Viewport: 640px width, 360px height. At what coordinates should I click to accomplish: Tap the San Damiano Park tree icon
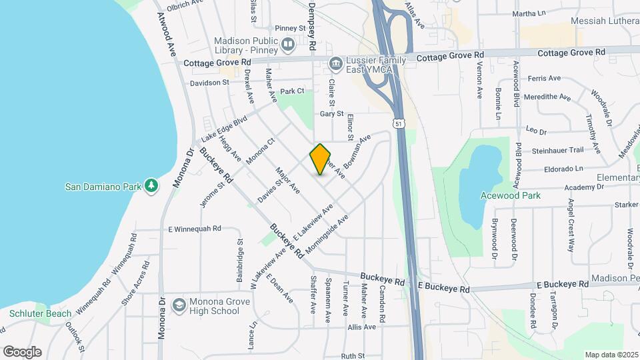click(x=152, y=186)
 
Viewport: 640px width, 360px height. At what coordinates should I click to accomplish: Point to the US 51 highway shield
click(x=398, y=123)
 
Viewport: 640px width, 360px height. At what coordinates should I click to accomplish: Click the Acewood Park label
click(x=510, y=195)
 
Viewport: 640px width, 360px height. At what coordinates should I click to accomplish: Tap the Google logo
click(x=22, y=352)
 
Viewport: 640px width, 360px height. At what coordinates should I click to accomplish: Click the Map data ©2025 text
click(x=611, y=355)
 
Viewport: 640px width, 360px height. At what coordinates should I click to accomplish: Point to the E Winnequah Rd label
click(x=194, y=229)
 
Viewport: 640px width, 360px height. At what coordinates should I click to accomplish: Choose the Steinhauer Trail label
click(x=557, y=151)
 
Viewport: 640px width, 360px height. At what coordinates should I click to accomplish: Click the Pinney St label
click(x=290, y=29)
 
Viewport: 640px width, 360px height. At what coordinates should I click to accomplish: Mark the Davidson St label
click(x=209, y=83)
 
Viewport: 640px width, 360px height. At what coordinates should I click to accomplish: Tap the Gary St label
click(x=331, y=114)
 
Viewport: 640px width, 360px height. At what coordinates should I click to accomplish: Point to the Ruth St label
click(x=353, y=356)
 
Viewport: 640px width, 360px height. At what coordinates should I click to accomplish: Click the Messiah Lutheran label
click(x=606, y=22)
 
